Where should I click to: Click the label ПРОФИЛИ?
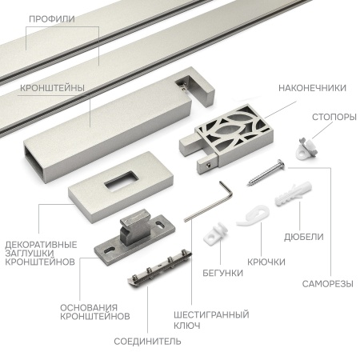pyautogui.click(x=52, y=19)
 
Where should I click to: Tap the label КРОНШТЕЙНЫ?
pyautogui.click(x=52, y=88)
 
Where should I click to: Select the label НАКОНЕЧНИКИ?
pyautogui.click(x=312, y=88)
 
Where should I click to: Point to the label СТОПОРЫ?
pyautogui.click(x=334, y=117)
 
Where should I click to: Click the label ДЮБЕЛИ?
pyautogui.click(x=304, y=237)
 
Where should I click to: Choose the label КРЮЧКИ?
pyautogui.click(x=266, y=262)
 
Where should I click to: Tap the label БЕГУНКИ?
pyautogui.click(x=223, y=273)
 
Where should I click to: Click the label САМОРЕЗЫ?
pyautogui.click(x=328, y=284)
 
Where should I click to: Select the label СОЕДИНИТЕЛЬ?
pyautogui.click(x=147, y=342)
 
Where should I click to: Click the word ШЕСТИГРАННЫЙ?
pyautogui.click(x=211, y=314)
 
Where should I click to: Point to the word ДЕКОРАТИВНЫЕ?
pyautogui.click(x=41, y=245)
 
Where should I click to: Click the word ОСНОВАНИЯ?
pyautogui.click(x=89, y=307)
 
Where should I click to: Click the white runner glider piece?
pyautogui.click(x=215, y=233)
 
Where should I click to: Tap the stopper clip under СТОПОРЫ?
pyautogui.click(x=306, y=149)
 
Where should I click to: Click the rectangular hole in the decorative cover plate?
pyautogui.click(x=120, y=182)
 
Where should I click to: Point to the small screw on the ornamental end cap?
pyautogui.click(x=209, y=166)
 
